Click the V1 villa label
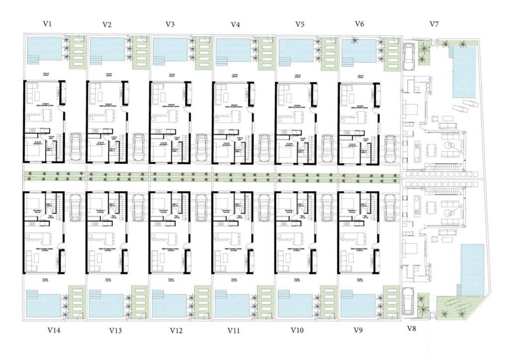(47, 24)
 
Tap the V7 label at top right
(434, 24)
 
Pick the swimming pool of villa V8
(472, 269)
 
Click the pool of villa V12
(170, 304)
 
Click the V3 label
(170, 24)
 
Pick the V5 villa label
(300, 24)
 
